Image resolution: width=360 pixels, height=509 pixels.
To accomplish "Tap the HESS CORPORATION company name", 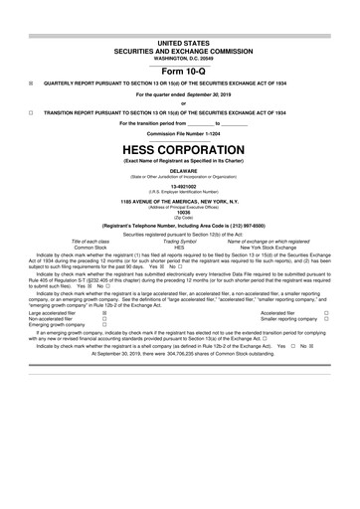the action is click(179, 150).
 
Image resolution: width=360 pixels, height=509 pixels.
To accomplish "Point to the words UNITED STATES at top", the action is click(179, 46).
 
